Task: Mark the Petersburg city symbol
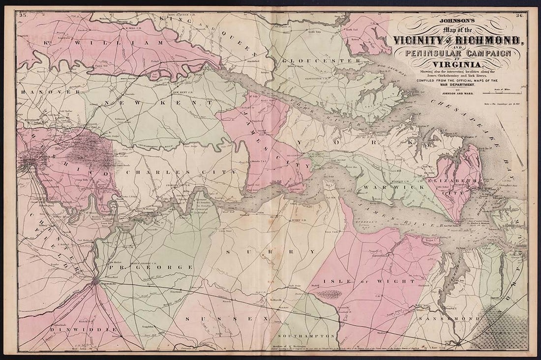coord(95,280)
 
